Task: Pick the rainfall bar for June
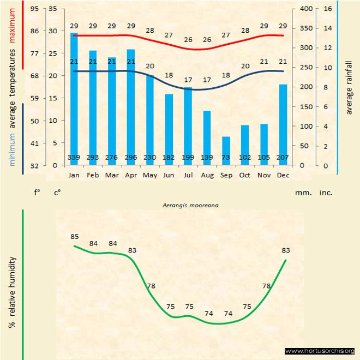(x=169, y=128)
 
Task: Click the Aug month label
(x=207, y=175)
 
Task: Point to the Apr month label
(x=131, y=175)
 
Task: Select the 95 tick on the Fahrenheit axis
(x=34, y=9)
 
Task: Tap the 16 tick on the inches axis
(x=327, y=9)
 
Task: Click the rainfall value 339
(x=74, y=158)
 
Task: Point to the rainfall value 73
(x=226, y=158)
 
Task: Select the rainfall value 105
(x=264, y=158)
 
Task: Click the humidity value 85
(x=75, y=237)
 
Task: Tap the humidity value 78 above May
(x=151, y=286)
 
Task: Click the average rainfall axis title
(x=349, y=88)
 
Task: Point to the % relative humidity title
(x=11, y=292)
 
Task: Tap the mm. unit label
(x=303, y=193)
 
